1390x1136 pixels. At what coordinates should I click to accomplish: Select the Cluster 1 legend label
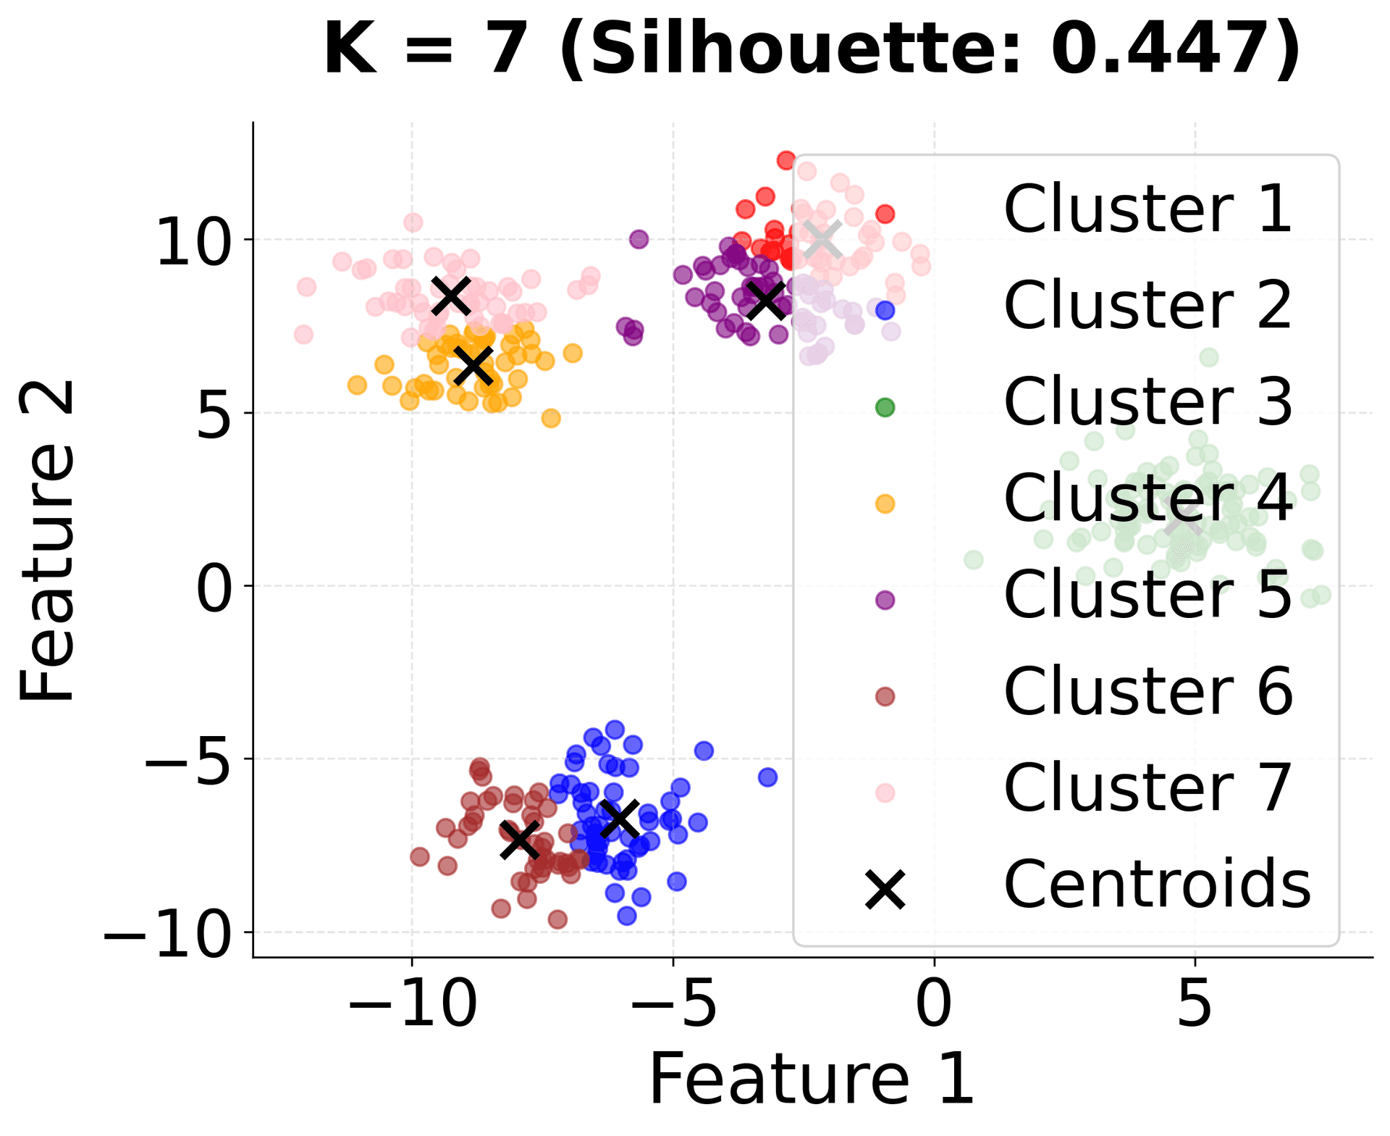(x=1147, y=209)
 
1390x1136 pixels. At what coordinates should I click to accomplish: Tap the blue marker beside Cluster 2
(x=885, y=310)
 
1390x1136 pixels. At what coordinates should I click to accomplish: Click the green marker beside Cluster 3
(x=885, y=407)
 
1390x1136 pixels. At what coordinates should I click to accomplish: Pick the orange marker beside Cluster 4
(x=885, y=504)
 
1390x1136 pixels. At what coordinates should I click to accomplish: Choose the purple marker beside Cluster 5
(x=885, y=600)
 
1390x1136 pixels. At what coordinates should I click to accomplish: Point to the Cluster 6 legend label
(x=1147, y=692)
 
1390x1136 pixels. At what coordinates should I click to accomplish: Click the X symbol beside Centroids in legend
(x=885, y=890)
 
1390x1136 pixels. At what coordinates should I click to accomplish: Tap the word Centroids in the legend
(x=1157, y=885)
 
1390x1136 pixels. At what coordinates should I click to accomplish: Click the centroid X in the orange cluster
(x=473, y=365)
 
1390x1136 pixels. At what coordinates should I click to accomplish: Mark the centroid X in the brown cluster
(x=520, y=839)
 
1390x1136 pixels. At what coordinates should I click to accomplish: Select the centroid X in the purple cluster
(x=766, y=299)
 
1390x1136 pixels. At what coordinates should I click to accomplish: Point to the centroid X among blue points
(x=620, y=817)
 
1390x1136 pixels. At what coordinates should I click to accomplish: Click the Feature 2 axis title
(x=48, y=542)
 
